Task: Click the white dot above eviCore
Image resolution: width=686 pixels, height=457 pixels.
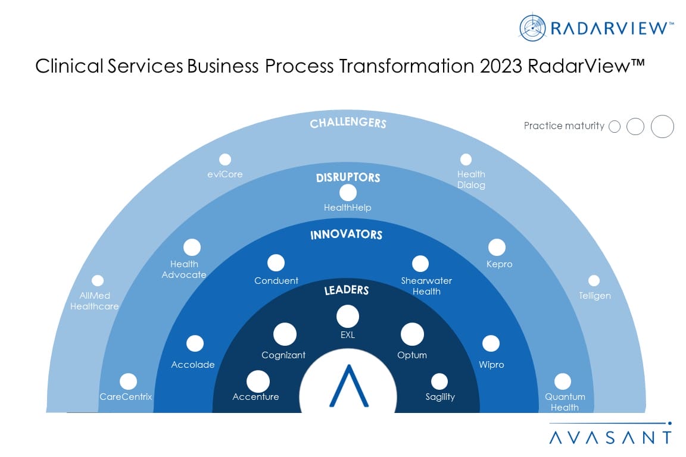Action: [225, 159]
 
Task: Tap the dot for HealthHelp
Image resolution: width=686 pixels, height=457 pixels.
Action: [348, 193]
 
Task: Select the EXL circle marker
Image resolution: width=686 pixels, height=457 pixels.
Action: [348, 317]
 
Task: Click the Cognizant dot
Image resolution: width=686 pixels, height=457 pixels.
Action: [285, 334]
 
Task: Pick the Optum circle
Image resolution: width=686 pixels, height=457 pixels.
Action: [412, 334]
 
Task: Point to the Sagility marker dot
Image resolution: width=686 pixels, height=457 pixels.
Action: [439, 381]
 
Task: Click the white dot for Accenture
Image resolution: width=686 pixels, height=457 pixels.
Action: [258, 382]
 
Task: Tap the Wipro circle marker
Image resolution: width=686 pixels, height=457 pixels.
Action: [491, 344]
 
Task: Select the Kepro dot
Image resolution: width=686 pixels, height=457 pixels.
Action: [497, 248]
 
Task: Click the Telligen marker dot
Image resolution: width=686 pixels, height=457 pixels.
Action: [594, 281]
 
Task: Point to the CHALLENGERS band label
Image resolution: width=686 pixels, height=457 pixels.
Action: [348, 123]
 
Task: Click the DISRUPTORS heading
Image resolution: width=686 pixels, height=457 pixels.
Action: [348, 177]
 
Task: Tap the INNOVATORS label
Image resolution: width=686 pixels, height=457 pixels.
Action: [346, 234]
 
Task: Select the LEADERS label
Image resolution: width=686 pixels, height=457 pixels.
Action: [347, 290]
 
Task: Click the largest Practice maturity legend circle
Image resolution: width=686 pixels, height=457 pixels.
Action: [662, 126]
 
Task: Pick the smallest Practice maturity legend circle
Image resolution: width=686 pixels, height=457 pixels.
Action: [615, 127]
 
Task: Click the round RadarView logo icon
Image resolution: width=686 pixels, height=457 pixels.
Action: [532, 28]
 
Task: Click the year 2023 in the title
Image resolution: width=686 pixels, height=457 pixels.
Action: [501, 66]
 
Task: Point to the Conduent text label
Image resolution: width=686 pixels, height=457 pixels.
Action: [276, 281]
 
